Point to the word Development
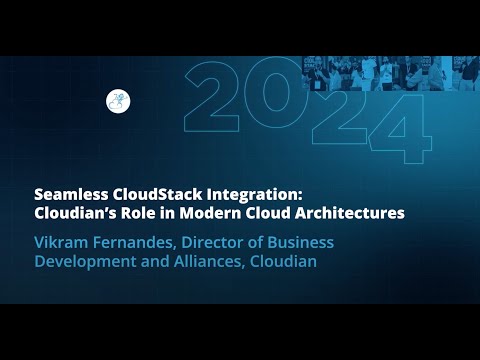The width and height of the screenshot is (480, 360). tap(85, 261)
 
